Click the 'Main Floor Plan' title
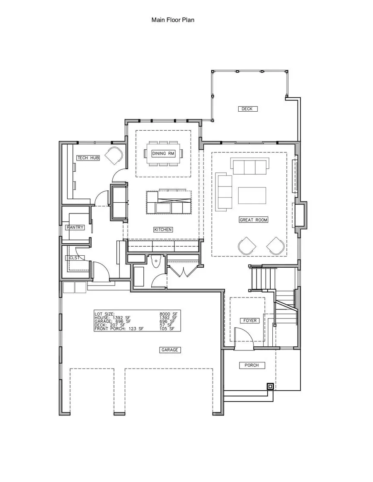point(172,20)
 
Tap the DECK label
point(248,109)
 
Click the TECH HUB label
point(88,158)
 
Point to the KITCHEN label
point(162,230)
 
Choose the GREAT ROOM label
point(253,220)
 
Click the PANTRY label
point(75,228)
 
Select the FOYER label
point(249,321)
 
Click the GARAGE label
point(170,350)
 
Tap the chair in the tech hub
point(114,156)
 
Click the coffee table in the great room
point(252,195)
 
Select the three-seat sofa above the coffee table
point(248,167)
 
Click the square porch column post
point(270,387)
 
